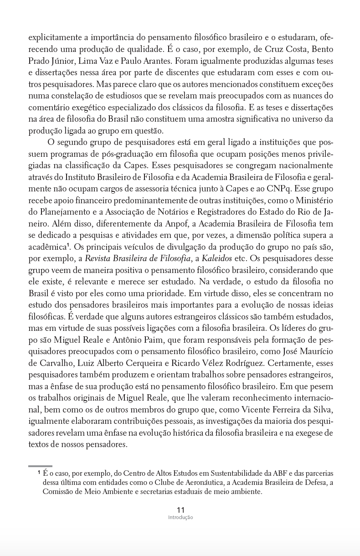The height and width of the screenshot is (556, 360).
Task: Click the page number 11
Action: pyautogui.click(x=180, y=510)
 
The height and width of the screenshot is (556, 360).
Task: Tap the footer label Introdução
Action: pyautogui.click(x=180, y=518)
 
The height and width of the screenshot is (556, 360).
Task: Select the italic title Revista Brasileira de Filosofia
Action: pyautogui.click(x=138, y=259)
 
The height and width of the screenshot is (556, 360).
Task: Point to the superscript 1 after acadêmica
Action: pyautogui.click(x=67, y=245)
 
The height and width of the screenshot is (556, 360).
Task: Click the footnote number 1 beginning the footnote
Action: pyautogui.click(x=39, y=473)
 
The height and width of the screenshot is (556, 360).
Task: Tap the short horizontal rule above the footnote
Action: pyautogui.click(x=40, y=466)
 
